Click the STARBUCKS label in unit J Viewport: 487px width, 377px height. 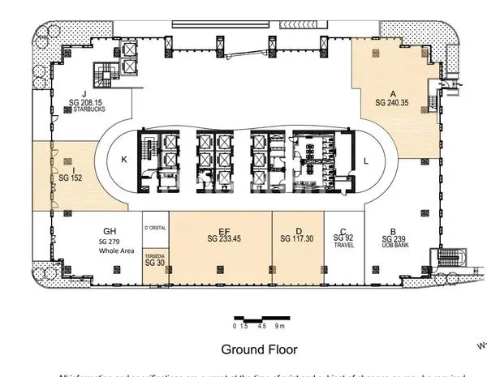point(89,111)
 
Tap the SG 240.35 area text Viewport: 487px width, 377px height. point(393,103)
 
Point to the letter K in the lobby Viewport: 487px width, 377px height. point(124,160)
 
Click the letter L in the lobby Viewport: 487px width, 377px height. point(367,160)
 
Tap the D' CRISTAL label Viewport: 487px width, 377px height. point(154,228)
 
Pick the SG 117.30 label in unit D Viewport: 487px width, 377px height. point(298,238)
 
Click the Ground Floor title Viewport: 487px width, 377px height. point(260,349)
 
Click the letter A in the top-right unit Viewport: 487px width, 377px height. point(393,93)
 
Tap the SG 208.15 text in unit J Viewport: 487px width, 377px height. point(88,104)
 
